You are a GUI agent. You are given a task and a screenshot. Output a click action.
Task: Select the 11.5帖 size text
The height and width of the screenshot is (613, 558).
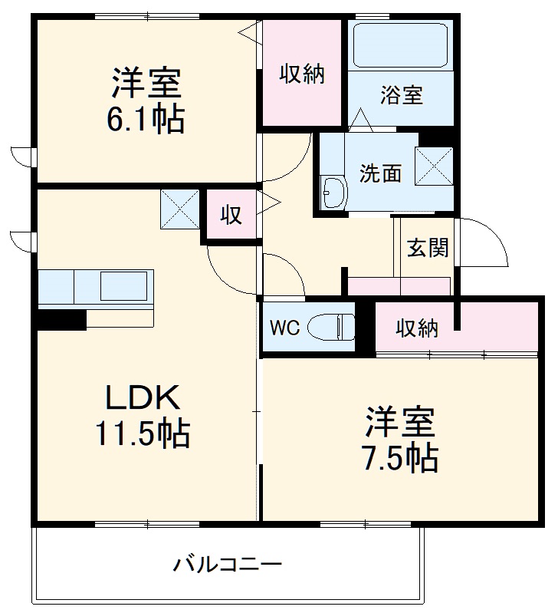[143, 435]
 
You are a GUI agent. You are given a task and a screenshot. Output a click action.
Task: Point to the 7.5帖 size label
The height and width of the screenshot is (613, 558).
[400, 458]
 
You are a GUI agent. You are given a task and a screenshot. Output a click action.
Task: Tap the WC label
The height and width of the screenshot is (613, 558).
[284, 328]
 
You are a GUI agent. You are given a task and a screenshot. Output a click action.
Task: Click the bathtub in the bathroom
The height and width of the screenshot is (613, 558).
[398, 46]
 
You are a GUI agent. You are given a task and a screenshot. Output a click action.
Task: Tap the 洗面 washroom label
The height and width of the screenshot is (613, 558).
[381, 173]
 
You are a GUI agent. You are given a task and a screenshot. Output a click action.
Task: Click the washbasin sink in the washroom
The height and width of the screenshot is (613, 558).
[333, 192]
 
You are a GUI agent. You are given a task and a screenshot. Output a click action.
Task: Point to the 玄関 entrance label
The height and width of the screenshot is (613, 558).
[427, 248]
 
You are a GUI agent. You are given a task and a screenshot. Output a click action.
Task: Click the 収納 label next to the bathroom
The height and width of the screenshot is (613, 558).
[301, 74]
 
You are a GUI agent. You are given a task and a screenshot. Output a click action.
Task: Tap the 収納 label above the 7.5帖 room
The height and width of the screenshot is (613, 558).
[417, 328]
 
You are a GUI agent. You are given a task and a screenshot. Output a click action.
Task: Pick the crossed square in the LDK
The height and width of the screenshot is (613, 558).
[180, 209]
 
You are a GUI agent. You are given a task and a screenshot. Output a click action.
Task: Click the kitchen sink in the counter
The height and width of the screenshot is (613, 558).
[123, 287]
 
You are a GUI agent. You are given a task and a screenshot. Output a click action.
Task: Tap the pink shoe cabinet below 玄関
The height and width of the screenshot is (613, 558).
[399, 286]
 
